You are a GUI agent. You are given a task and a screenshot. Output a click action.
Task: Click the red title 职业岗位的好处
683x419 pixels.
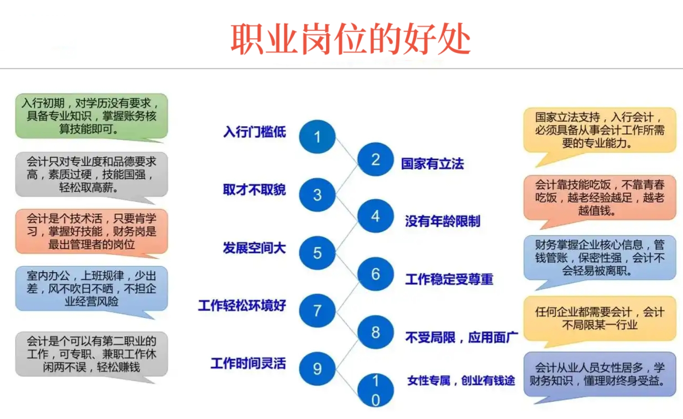click(350, 39)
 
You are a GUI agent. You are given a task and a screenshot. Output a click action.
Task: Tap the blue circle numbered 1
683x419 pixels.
click(317, 137)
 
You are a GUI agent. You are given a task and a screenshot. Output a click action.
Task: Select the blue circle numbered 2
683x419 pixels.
click(375, 159)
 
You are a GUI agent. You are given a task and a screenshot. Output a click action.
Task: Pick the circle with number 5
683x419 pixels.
click(317, 253)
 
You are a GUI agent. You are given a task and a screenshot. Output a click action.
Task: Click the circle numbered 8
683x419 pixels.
click(375, 332)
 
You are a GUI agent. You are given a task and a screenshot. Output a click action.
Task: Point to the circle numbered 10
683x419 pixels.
click(375, 390)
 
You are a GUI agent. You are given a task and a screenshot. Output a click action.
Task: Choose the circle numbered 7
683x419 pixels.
click(317, 311)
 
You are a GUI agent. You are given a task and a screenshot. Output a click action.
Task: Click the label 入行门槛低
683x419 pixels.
click(255, 132)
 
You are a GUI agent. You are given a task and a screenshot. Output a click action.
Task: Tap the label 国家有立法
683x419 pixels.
click(432, 164)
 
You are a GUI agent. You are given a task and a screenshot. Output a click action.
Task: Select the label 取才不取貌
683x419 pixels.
click(255, 190)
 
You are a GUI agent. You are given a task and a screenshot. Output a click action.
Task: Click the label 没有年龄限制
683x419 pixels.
click(443, 221)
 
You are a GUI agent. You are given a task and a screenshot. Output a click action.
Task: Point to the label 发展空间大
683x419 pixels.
click(255, 248)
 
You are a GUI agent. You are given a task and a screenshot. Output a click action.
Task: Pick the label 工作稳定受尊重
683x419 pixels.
click(449, 279)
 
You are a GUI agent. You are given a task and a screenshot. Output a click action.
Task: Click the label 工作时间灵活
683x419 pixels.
click(248, 363)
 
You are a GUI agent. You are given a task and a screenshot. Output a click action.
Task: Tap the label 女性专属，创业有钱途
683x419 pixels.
click(461, 380)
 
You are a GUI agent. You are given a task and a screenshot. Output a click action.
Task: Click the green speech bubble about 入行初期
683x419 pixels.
click(92, 116)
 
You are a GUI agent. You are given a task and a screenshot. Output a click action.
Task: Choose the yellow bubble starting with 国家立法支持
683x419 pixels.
click(600, 130)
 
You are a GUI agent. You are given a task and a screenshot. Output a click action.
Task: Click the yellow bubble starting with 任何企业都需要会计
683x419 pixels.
click(600, 318)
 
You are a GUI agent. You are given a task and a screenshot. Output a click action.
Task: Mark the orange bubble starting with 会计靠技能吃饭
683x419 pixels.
click(600, 198)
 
